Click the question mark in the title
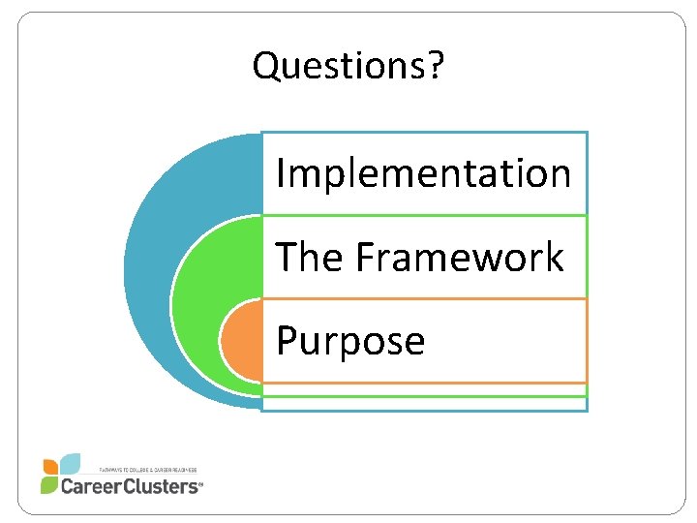pyautogui.click(x=438, y=66)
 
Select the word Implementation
pyautogui.click(x=423, y=174)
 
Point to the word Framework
pyautogui.click(x=460, y=258)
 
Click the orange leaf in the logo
pyautogui.click(x=50, y=466)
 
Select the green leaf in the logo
pyautogui.click(x=48, y=484)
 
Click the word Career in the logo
pyautogui.click(x=93, y=485)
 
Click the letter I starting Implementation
pyautogui.click(x=281, y=174)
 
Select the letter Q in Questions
pyautogui.click(x=265, y=66)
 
